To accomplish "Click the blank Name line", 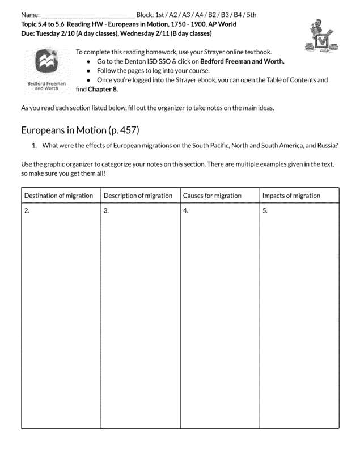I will (x=87, y=15).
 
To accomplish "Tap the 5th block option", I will (x=251, y=15).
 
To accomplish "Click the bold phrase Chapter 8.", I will (x=103, y=89).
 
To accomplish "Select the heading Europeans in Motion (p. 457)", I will (x=80, y=130).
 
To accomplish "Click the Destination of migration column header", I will (x=58, y=196).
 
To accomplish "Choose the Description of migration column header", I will (x=138, y=196).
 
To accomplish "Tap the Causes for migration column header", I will (x=212, y=196).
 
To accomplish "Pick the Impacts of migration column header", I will (x=291, y=196).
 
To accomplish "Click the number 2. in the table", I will (x=27, y=211).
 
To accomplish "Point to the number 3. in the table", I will (x=106, y=211).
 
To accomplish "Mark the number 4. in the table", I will (x=185, y=211).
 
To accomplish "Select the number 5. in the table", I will (x=265, y=211).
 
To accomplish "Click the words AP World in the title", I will (x=221, y=24).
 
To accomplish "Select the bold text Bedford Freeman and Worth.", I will (x=242, y=61).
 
